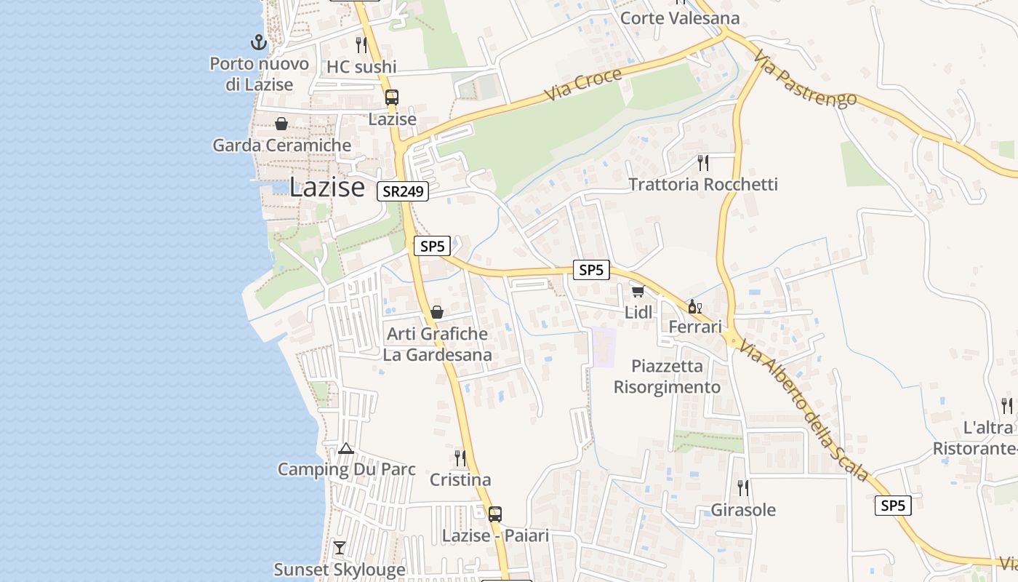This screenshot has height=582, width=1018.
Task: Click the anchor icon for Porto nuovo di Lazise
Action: pos(257,42)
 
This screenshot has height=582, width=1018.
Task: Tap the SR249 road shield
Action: pos(403,191)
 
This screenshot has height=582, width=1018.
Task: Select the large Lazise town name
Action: pos(326,188)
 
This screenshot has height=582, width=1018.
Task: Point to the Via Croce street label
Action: pos(584,86)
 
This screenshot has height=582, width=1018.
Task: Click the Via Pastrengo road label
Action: pos(804,78)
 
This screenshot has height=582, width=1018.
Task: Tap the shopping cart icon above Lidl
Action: pos(638,291)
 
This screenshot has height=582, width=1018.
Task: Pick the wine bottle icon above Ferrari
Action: pos(694,306)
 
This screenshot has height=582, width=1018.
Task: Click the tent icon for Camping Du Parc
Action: pos(345,448)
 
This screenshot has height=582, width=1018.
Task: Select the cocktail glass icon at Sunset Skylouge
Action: pos(339,547)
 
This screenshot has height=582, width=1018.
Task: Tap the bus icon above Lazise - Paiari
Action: pos(494,514)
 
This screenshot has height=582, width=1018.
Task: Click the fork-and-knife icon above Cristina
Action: pos(460,458)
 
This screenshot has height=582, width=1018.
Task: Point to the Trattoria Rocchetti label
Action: pos(702,184)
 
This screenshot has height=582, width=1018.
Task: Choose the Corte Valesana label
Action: pos(680,18)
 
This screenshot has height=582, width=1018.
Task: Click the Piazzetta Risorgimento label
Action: pos(667,376)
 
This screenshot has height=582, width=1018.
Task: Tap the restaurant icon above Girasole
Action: pos(742,487)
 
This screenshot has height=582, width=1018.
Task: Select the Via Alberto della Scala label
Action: pos(803,410)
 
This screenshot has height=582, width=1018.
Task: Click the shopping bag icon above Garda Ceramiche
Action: pos(281,124)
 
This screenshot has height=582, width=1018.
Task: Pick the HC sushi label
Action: pos(361,67)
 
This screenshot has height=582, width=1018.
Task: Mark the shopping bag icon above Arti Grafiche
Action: pos(436,312)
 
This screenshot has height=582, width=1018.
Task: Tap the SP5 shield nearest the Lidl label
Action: pos(590,270)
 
